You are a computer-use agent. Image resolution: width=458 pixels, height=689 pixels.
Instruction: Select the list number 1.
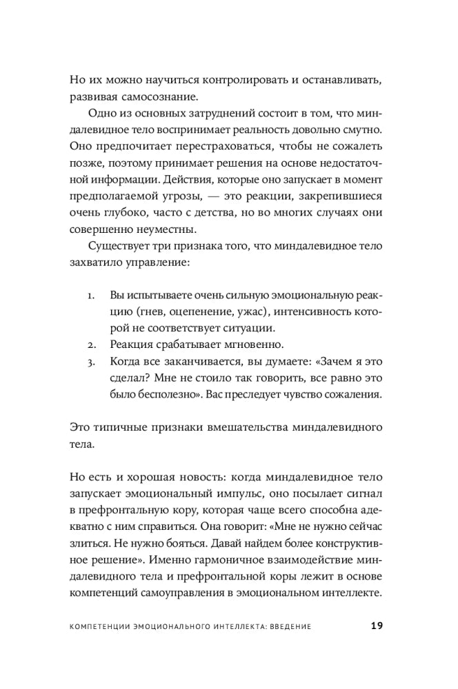pos(91,296)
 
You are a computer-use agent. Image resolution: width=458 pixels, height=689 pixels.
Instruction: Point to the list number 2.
pos(91,343)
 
